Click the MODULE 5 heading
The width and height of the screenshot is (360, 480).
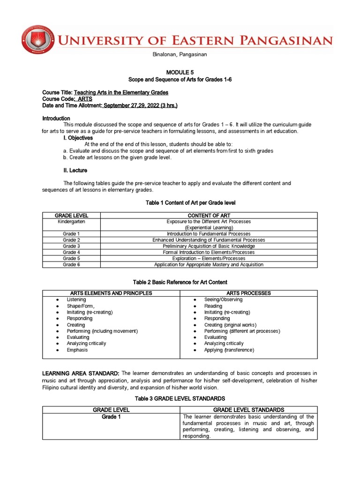click(x=180, y=71)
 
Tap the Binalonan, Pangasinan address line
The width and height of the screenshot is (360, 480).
click(x=180, y=54)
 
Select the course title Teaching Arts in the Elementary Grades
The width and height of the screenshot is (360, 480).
click(x=121, y=92)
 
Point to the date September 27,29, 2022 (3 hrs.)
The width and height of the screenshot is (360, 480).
click(x=140, y=105)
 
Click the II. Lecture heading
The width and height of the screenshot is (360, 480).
click(x=75, y=170)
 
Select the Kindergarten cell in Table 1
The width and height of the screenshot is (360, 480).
click(x=71, y=221)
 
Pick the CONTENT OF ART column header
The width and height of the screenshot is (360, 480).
click(x=209, y=215)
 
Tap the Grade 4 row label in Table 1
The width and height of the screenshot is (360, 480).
click(x=71, y=252)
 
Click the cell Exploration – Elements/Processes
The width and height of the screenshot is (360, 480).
click(x=209, y=258)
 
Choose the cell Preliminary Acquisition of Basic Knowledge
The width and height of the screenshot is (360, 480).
click(x=209, y=246)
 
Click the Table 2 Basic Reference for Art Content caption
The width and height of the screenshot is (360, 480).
click(x=180, y=282)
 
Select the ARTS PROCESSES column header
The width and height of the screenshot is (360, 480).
click(x=248, y=293)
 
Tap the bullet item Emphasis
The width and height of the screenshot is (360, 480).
click(x=77, y=350)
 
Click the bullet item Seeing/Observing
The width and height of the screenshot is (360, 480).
click(x=223, y=300)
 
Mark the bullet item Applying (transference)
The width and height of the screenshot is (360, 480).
click(x=229, y=350)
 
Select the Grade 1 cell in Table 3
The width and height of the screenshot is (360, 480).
click(x=111, y=417)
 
